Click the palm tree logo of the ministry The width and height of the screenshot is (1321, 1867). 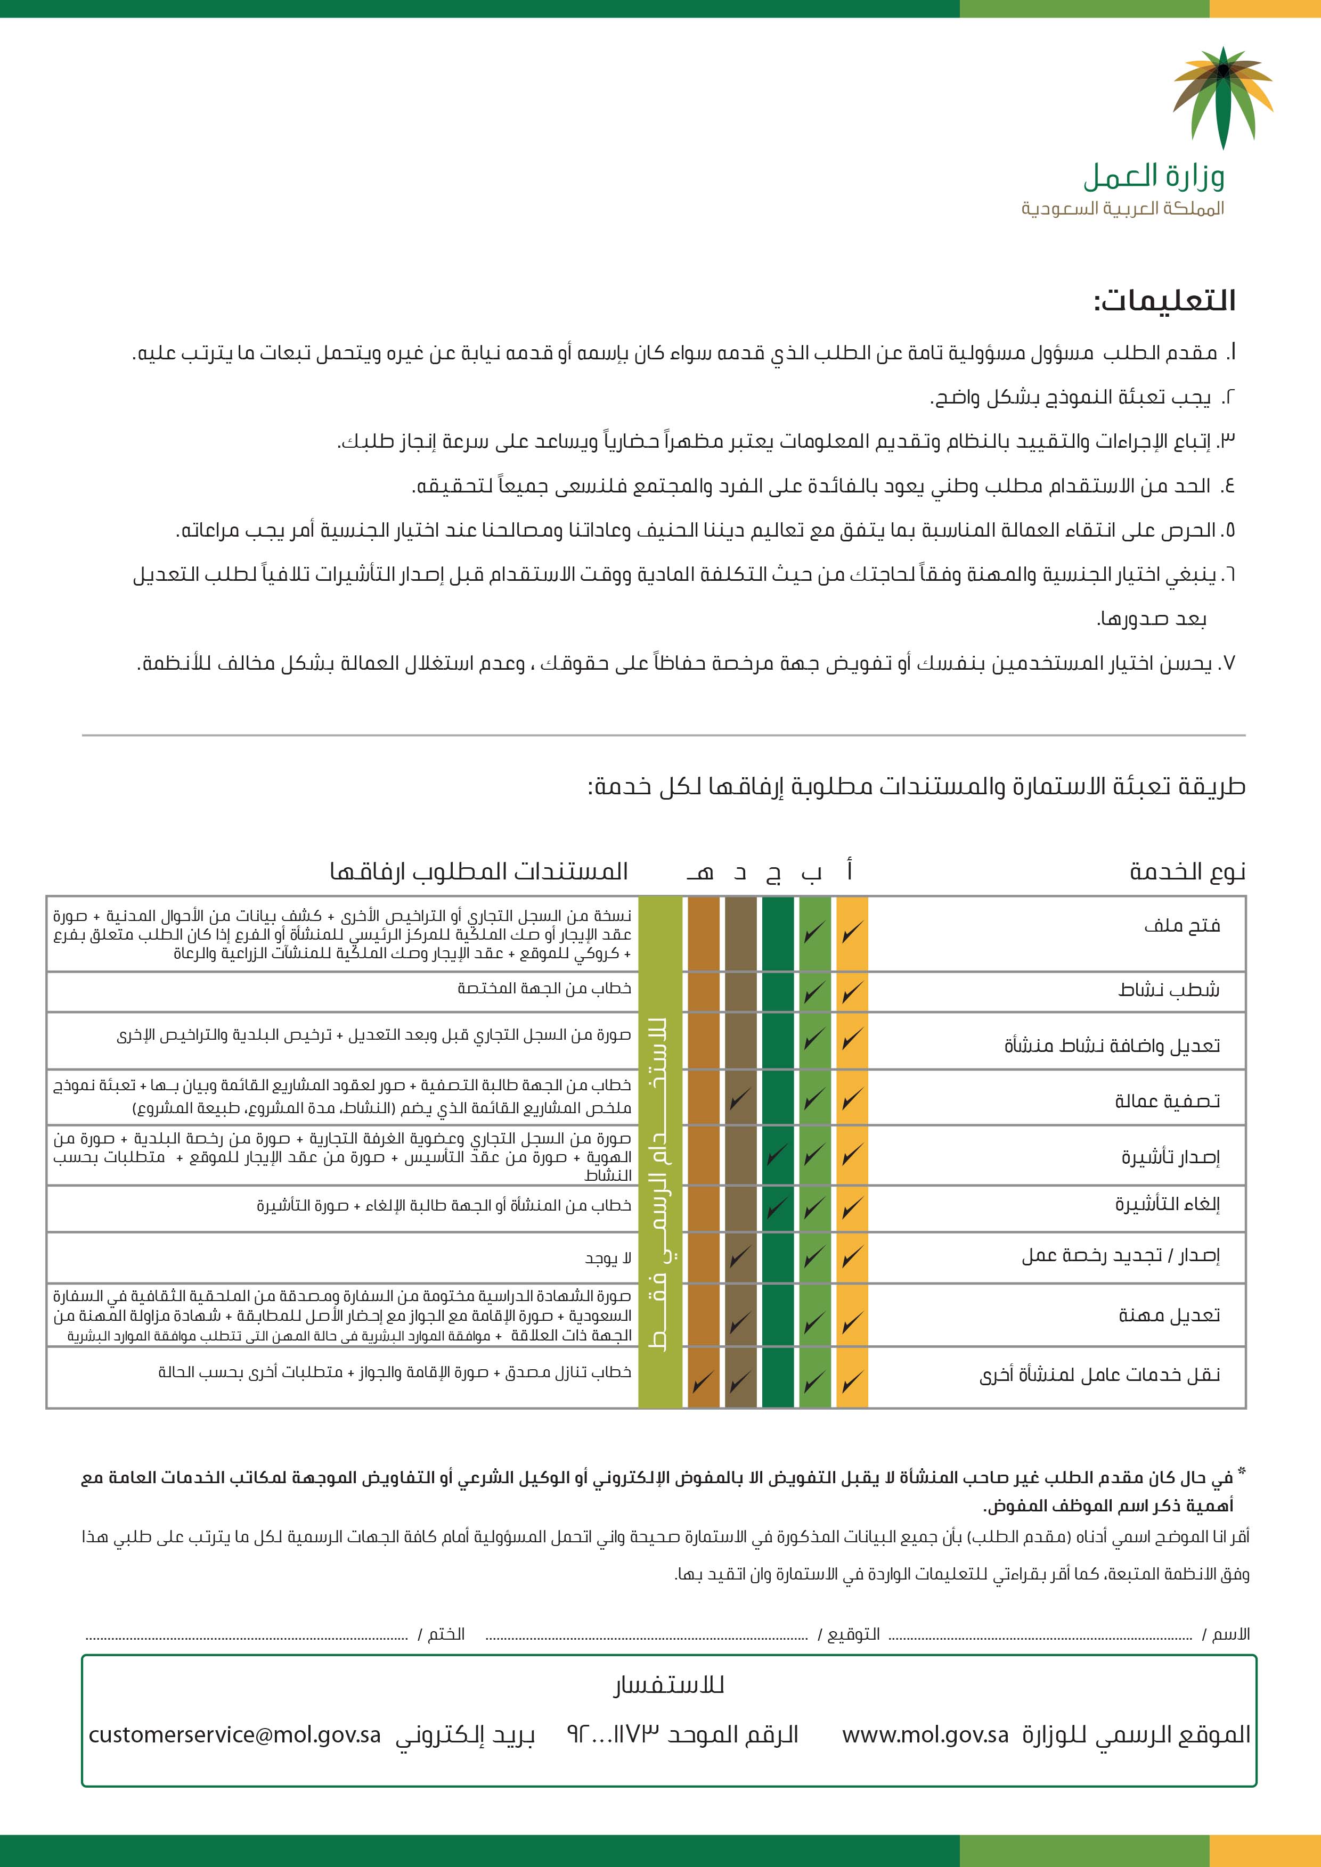(1222, 97)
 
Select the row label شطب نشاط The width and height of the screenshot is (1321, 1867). (1168, 990)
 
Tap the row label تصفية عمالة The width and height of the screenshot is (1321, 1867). (1167, 1101)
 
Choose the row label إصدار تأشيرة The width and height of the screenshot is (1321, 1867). (1170, 1156)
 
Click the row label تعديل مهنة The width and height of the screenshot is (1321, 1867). (1169, 1315)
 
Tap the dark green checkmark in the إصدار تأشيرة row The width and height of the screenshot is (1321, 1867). (777, 1154)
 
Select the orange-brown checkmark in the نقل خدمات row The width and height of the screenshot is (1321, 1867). (703, 1381)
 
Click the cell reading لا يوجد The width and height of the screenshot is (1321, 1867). (608, 1259)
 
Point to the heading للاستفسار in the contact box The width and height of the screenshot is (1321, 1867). (668, 1685)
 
